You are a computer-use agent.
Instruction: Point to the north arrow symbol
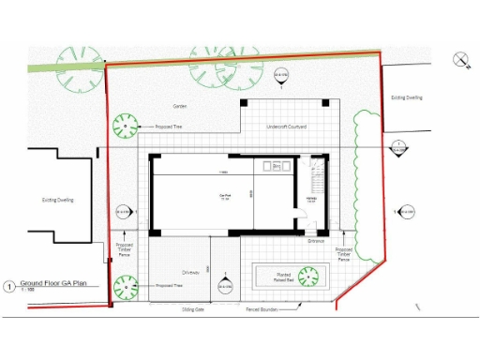tap(461, 60)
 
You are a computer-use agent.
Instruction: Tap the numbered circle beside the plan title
tap(9, 285)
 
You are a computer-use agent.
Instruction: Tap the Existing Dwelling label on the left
tap(57, 200)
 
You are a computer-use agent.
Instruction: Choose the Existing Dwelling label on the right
tap(406, 97)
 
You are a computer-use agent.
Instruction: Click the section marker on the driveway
tap(225, 285)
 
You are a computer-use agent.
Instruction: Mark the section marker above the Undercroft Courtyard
tap(278, 75)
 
